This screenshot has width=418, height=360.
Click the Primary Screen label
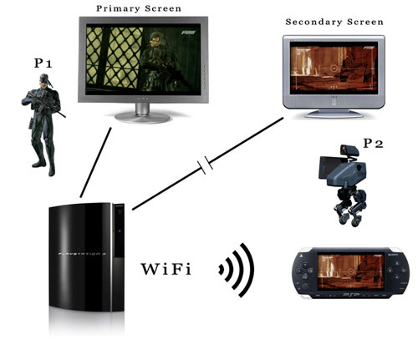(139, 8)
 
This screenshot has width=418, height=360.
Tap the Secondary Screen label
(334, 22)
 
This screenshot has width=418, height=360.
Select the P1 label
(43, 63)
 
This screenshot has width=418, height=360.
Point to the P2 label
(373, 144)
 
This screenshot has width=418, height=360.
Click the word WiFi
(166, 269)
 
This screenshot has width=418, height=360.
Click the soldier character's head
(44, 81)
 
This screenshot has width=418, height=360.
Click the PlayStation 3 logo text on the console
(83, 254)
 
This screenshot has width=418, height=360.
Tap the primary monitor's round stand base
(142, 117)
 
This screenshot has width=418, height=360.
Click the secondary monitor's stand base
(334, 114)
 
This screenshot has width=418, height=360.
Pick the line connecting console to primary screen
(95, 162)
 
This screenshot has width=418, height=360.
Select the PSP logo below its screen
(351, 294)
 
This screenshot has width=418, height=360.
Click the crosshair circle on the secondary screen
(334, 68)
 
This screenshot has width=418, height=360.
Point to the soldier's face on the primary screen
(154, 40)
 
